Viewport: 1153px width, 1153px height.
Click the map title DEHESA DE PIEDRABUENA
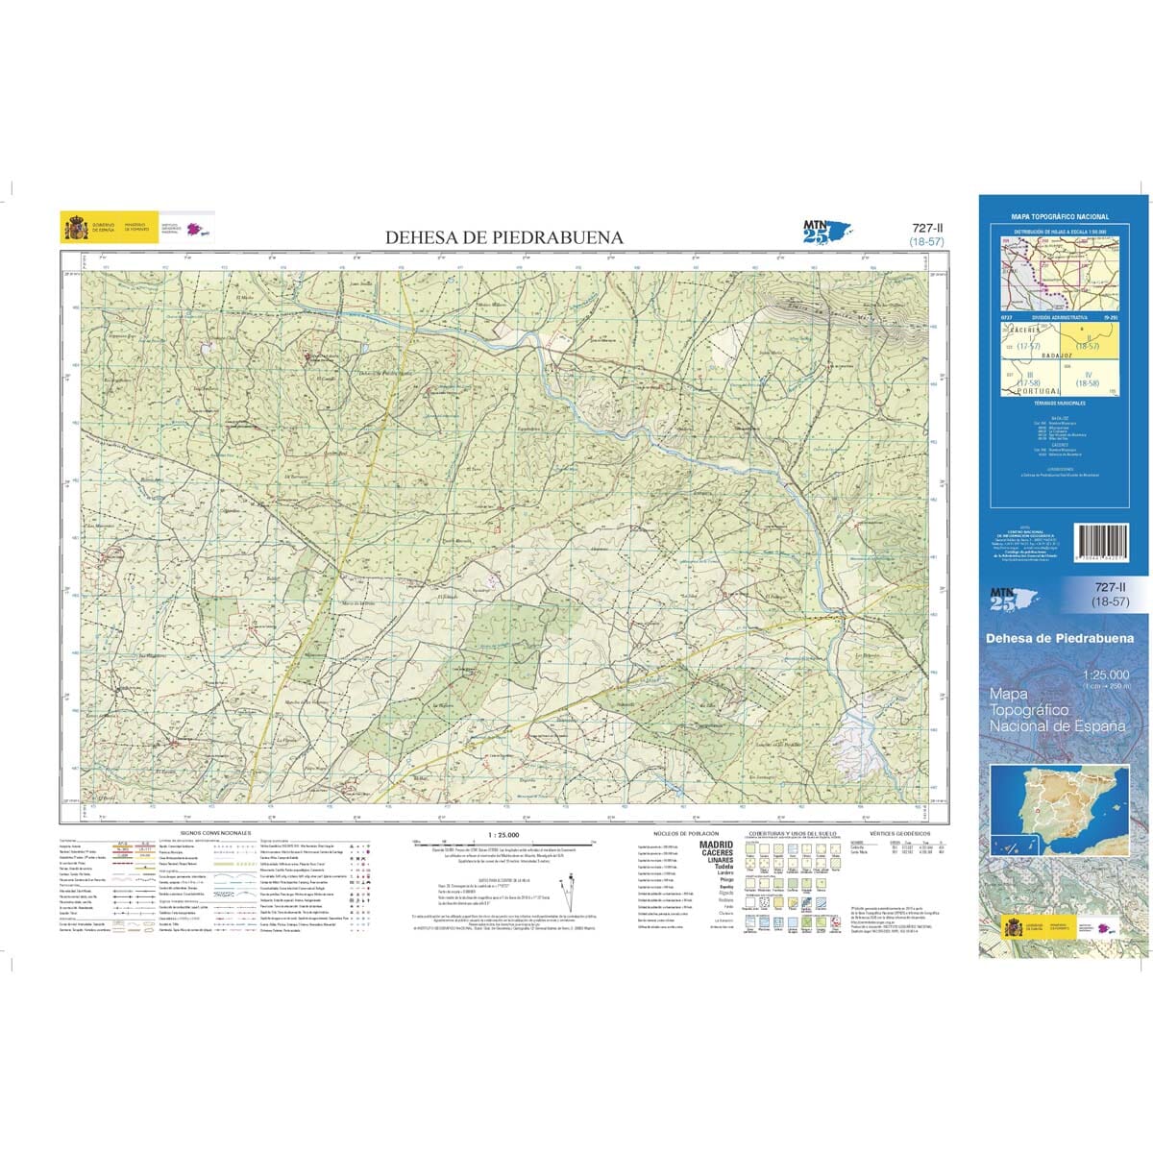[503, 237]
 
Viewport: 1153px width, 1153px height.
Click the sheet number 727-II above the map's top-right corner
[926, 229]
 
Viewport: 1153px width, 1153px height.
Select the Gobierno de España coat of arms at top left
[75, 229]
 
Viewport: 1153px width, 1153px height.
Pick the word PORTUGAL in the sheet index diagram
[1038, 391]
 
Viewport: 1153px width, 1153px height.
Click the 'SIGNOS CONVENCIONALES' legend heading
[215, 833]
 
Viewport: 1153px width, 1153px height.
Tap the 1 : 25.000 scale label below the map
[503, 834]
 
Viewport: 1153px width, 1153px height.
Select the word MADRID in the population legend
[716, 845]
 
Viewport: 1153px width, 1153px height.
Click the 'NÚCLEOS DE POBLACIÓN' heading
[685, 833]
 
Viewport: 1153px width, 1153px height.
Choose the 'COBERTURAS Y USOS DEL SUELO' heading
[792, 833]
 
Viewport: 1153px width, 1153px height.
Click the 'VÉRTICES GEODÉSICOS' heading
[898, 833]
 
